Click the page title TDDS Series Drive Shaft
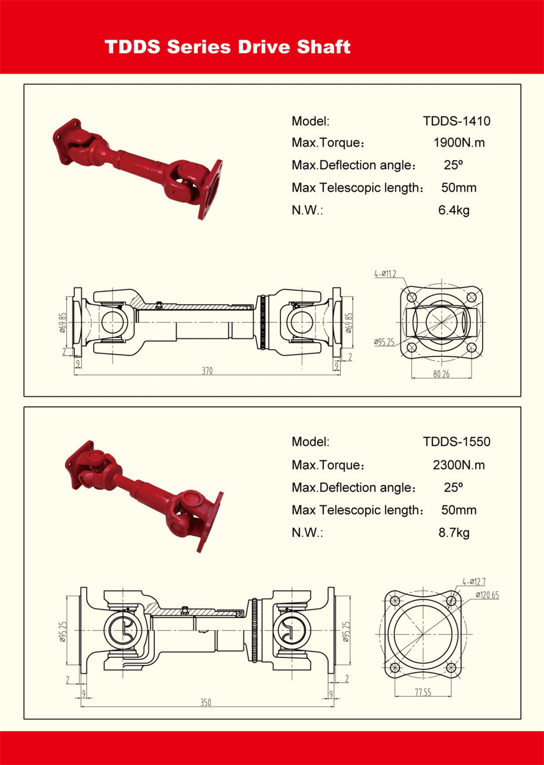point(228,47)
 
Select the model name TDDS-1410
point(456,121)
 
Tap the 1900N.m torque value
point(459,143)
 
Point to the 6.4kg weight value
point(454,210)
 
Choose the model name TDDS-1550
point(456,442)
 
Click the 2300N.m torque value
point(459,465)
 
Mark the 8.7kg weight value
point(454,532)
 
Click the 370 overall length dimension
point(207,371)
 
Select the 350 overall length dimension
point(205,702)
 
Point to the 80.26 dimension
point(441,374)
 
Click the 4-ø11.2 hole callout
point(386,274)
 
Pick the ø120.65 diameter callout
point(487,595)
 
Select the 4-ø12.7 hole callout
point(473,582)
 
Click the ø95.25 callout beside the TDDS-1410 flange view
point(384,342)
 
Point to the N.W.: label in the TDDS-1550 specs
point(307,532)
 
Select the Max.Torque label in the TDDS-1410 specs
point(328,143)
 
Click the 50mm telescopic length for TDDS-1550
point(459,510)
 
